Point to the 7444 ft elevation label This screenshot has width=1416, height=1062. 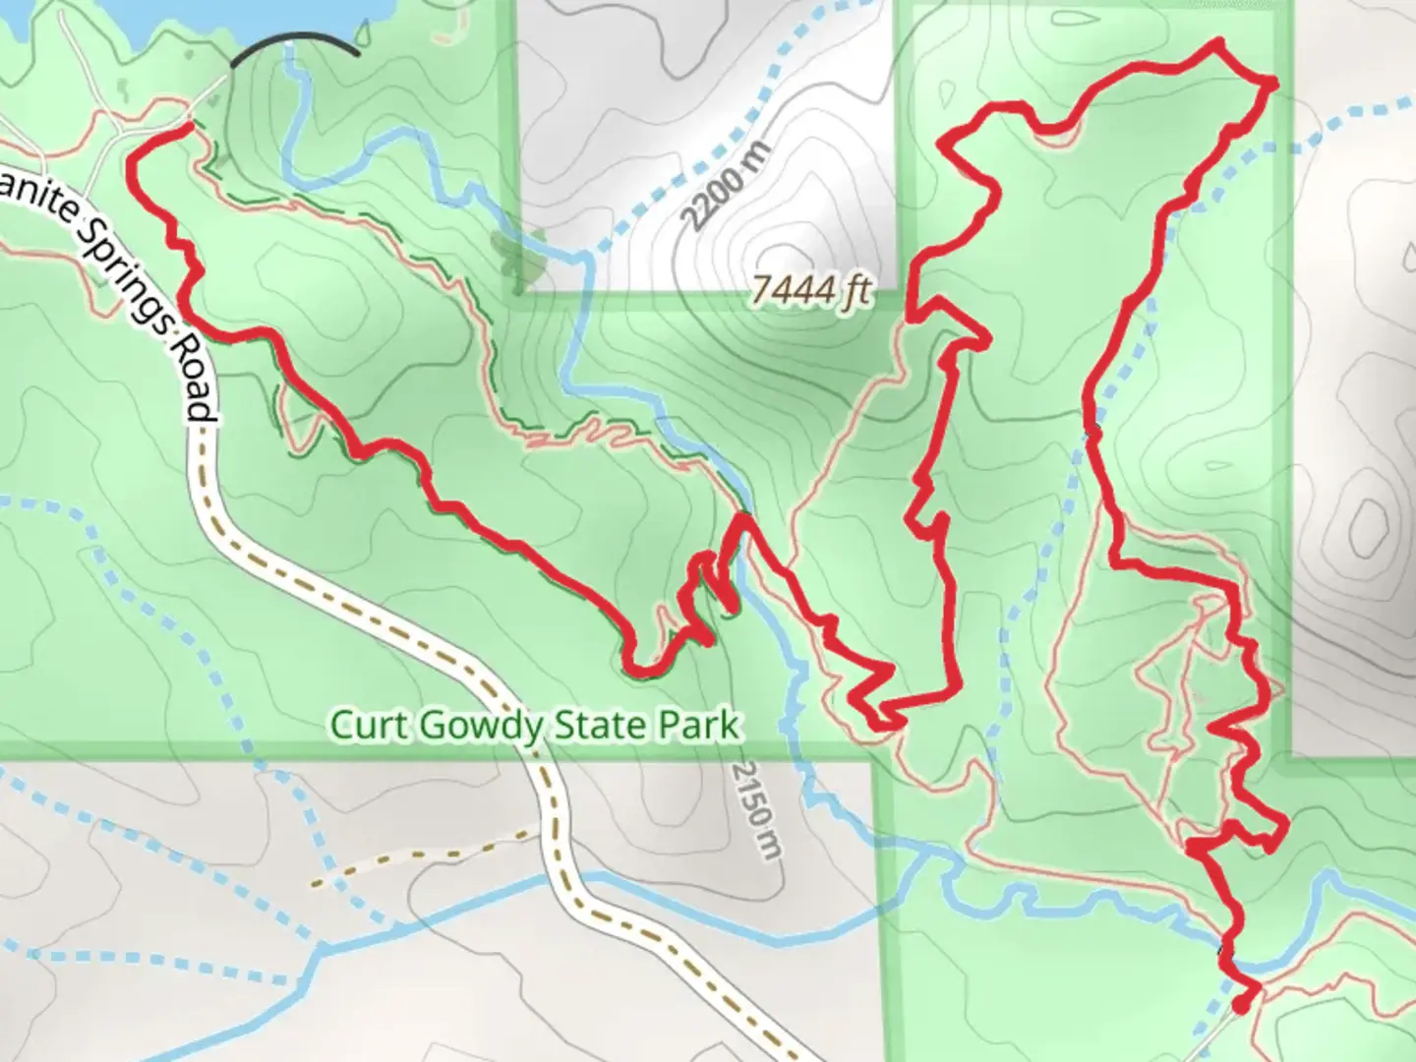pos(811,291)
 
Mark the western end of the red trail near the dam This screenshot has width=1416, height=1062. pos(188,127)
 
